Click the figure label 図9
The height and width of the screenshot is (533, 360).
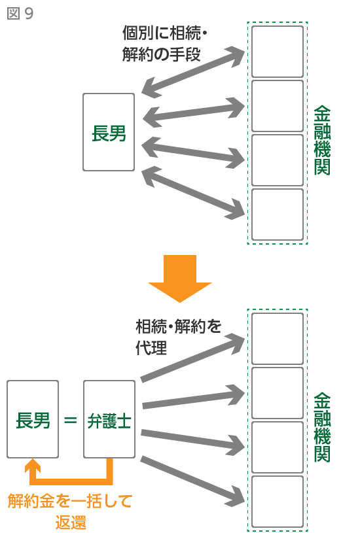coord(20,14)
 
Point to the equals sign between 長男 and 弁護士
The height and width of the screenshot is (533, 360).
coord(71,421)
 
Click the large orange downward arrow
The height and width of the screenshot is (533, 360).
coord(179,279)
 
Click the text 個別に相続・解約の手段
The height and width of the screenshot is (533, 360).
coord(165,44)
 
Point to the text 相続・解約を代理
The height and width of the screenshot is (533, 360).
coord(178,337)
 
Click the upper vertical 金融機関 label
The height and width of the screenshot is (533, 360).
coord(322,140)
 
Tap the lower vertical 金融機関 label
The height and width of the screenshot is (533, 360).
coord(322,427)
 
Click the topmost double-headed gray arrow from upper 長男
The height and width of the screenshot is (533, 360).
coord(193,72)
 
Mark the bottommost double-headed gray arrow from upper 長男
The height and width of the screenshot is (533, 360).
coord(193,193)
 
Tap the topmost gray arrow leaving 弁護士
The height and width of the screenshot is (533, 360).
coord(192,358)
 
